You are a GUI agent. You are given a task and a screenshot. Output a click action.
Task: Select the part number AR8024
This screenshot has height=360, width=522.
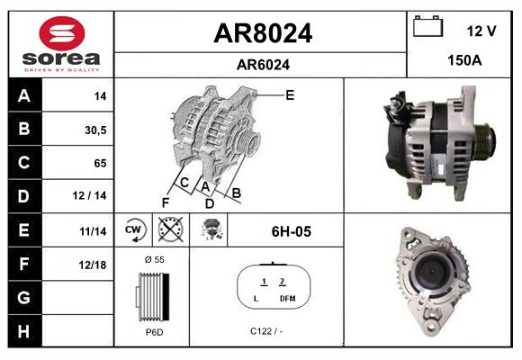(x=262, y=33)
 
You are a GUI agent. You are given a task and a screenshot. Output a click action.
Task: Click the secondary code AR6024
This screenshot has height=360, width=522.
(x=262, y=64)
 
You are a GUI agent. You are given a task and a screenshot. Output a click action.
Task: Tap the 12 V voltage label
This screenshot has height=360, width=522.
(x=481, y=31)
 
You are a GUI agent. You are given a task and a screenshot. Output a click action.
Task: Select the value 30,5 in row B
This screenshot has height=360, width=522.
(x=94, y=130)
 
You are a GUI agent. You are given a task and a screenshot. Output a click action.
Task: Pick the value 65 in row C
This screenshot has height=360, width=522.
(x=99, y=164)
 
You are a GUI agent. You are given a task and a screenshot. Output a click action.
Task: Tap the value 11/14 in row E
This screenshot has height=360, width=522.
(x=93, y=231)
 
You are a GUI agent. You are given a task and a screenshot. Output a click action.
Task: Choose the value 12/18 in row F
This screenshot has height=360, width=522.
(x=93, y=265)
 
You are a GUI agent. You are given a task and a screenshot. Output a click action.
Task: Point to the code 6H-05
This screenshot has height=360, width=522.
(x=291, y=231)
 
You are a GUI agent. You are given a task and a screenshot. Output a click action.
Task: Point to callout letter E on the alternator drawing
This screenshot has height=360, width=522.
(x=289, y=94)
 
